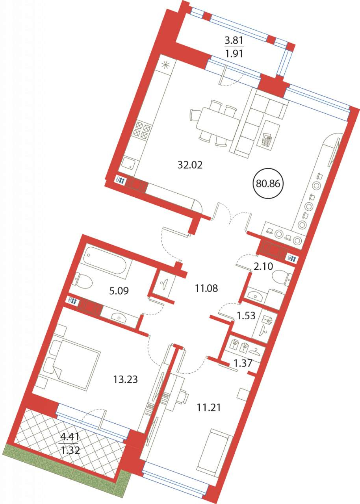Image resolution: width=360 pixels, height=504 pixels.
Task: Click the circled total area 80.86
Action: coord(268,184)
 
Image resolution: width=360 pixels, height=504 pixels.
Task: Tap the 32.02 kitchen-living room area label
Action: coord(190,165)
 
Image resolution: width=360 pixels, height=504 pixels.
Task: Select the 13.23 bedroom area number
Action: coord(125,447)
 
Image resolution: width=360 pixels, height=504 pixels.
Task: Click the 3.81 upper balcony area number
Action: coord(234,41)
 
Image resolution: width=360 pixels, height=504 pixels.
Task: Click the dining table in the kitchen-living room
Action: coord(218,124)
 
